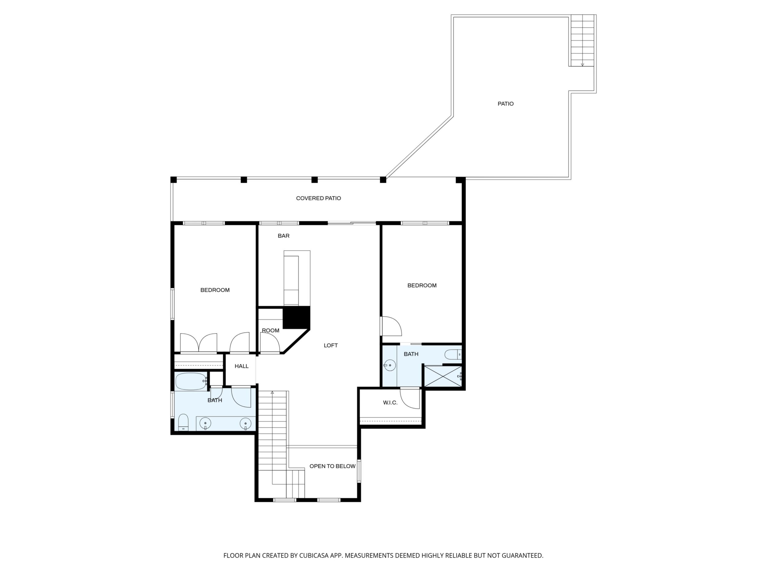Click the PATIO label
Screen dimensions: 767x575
[x=505, y=104]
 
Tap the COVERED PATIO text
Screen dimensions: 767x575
[x=318, y=198]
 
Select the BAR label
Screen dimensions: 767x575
[x=283, y=236]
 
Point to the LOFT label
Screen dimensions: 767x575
[x=330, y=345]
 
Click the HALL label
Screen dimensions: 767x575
[x=241, y=366]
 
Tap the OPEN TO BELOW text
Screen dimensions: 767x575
[x=332, y=466]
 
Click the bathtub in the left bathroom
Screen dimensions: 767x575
[x=191, y=381]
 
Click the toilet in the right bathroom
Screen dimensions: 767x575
[x=453, y=354]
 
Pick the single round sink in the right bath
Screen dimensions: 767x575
[x=390, y=365]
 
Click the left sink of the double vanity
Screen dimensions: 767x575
[x=206, y=423]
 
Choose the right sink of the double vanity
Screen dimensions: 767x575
[x=246, y=423]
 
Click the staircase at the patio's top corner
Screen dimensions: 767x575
[x=583, y=41]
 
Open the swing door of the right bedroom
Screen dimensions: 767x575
[x=391, y=326]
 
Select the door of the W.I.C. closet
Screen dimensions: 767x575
[x=410, y=399]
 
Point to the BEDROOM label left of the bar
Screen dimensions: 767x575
[x=215, y=290]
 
